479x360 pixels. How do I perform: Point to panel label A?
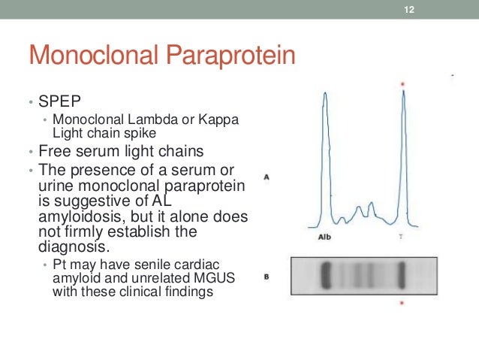(267, 178)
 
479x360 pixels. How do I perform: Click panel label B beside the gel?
(267, 277)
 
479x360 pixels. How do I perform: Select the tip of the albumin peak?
(324, 93)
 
